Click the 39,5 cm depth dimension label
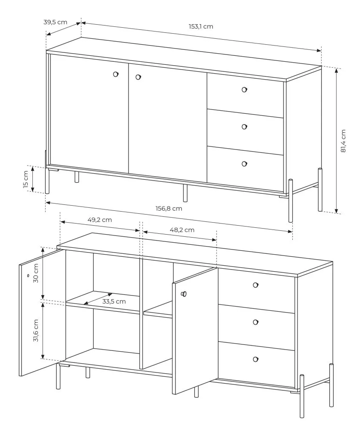pos(55,22)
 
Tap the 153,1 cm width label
pos(201,26)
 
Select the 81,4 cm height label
pos(343,141)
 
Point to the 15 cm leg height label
pos(26,179)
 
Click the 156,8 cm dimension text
pos(169,208)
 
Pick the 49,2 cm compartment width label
pos(100,220)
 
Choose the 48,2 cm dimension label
pos(182,230)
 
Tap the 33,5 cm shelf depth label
pos(114,301)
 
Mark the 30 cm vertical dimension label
pos(36,273)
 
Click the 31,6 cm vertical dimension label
pos(36,330)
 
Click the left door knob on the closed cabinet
pos(116,74)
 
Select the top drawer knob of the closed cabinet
pos(244,89)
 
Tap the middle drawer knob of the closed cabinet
pos(244,127)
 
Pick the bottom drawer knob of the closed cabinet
pos(244,164)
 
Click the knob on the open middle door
pos(184,294)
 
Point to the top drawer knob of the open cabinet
pos(256,285)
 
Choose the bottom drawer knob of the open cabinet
pos(256,359)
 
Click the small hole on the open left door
pos(28,275)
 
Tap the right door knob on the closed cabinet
pos(138,77)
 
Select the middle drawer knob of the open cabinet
pos(256,322)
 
